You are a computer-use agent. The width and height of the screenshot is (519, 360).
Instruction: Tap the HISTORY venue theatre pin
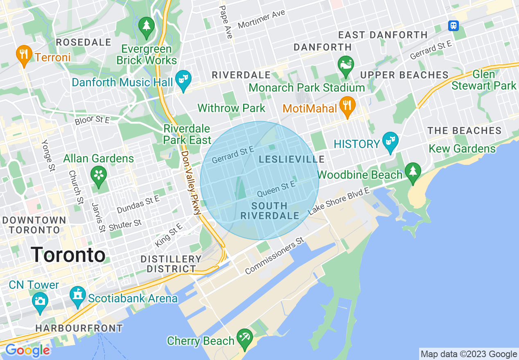pyautogui.click(x=390, y=142)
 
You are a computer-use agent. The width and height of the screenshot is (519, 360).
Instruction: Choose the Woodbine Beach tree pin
pyautogui.click(x=413, y=172)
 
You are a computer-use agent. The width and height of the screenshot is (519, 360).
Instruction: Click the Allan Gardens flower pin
pyautogui.click(x=99, y=175)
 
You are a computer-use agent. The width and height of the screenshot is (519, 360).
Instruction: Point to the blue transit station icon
pyautogui.click(x=453, y=26)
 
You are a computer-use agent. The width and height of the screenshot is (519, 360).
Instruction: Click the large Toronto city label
pyautogui.click(x=68, y=255)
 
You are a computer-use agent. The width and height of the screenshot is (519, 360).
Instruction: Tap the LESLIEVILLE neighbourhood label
pyautogui.click(x=291, y=160)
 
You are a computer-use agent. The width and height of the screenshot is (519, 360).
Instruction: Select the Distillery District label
pyautogui.click(x=171, y=264)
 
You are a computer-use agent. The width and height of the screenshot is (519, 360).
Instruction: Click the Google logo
pyautogui.click(x=27, y=351)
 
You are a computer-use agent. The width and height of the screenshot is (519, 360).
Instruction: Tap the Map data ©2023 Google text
pyautogui.click(x=469, y=354)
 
